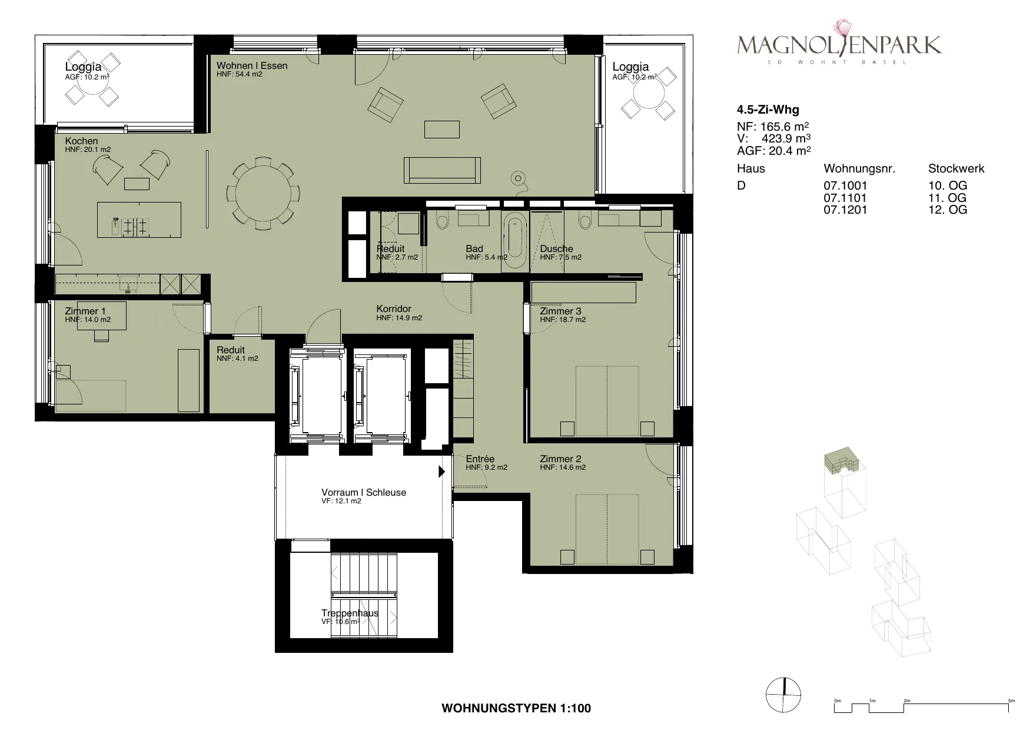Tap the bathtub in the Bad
tap(516, 238)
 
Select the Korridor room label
tap(394, 308)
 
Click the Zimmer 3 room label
tap(560, 311)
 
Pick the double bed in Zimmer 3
tap(607, 401)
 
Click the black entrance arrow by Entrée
tap(441, 472)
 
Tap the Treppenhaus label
tap(350, 613)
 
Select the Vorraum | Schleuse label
tap(364, 492)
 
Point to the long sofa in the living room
tap(442, 171)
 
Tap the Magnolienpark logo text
tap(839, 45)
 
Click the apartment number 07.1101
tap(845, 198)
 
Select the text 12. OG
tap(948, 210)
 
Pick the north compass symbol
tap(783, 695)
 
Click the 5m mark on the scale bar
tap(1011, 701)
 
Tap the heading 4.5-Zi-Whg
tap(768, 109)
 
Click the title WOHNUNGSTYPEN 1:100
tap(516, 709)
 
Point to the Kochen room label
tap(81, 141)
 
